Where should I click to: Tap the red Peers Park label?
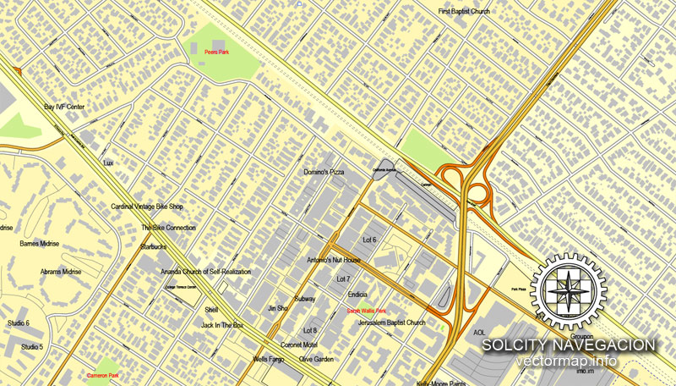[x=216, y=52]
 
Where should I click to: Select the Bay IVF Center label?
[x=65, y=108]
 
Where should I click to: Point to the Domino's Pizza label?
[x=324, y=173]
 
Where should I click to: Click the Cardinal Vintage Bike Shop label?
[x=147, y=207]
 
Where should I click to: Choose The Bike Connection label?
[x=168, y=228]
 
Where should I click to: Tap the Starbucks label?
[x=153, y=246]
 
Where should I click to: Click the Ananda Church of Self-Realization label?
[x=206, y=272]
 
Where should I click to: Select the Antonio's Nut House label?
[x=334, y=260]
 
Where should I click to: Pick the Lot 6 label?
[x=369, y=240]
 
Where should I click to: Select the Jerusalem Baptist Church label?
[x=391, y=323]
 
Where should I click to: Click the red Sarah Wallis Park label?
[x=367, y=312]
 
